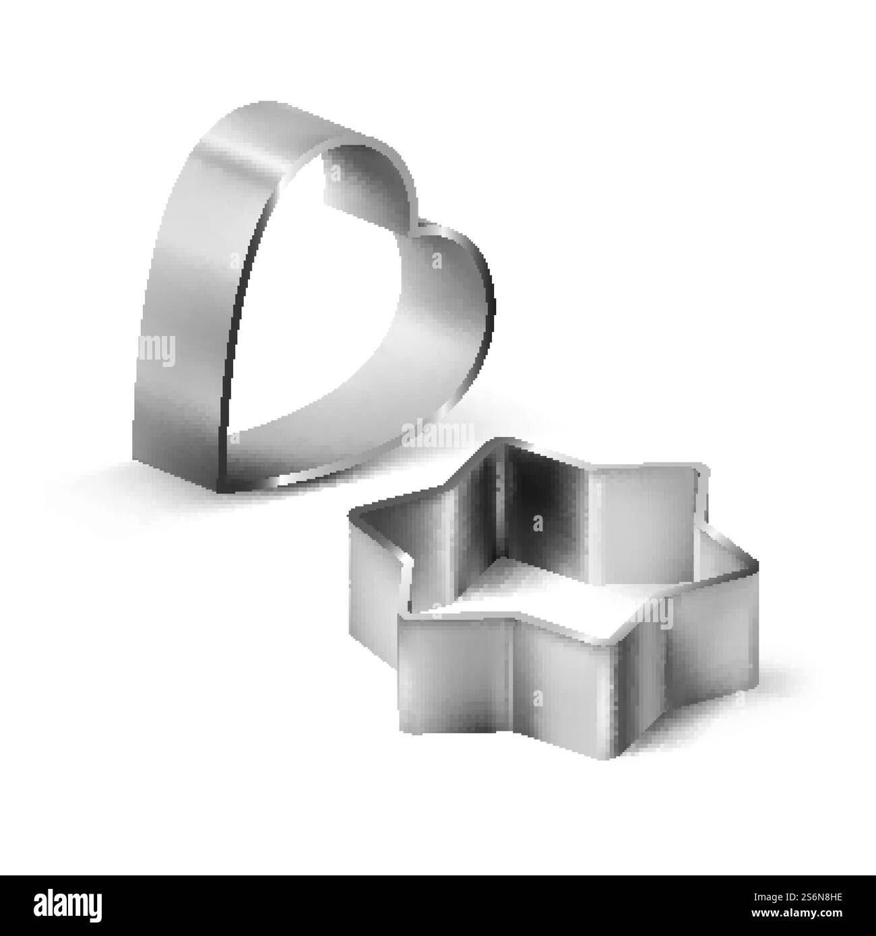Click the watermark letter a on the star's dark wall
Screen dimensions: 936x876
(537, 522)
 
